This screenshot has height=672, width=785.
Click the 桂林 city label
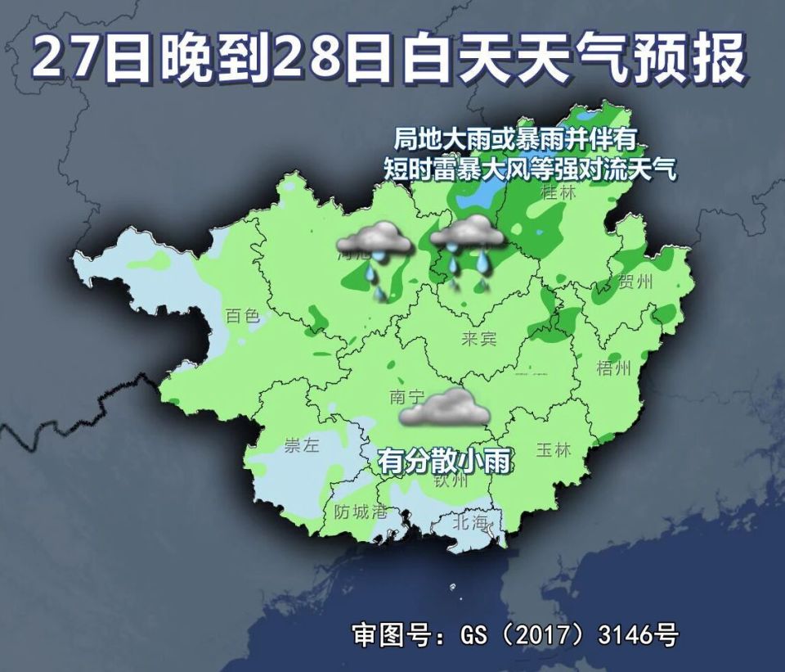coord(559,193)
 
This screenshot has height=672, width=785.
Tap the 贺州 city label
coord(636,283)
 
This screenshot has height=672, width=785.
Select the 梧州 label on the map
coord(613,368)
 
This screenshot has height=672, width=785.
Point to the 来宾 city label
coord(478,339)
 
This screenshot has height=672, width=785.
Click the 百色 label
coord(242,315)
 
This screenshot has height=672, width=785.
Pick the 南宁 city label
coord(407,398)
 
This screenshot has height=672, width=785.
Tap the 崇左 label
coord(300,446)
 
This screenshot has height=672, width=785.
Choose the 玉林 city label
coord(552,450)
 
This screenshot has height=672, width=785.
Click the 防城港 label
coord(361,512)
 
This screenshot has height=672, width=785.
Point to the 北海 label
coord(470,521)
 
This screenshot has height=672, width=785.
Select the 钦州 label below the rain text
coord(451,482)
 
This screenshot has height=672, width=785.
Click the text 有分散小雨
coord(444,462)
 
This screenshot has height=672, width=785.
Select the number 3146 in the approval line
coord(614,634)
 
